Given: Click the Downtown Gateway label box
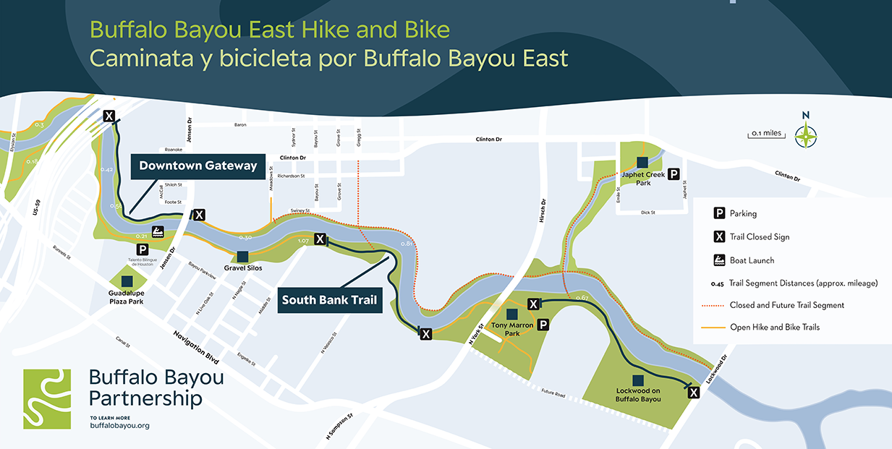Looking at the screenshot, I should [197, 166].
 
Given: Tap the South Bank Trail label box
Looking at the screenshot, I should [330, 300].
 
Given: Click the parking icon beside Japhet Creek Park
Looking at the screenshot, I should [674, 174].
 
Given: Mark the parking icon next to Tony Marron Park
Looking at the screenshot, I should [543, 325].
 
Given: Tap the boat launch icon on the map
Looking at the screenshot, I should [158, 232].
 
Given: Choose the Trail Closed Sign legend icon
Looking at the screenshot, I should [720, 236].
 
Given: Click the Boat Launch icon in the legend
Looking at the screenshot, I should [720, 260].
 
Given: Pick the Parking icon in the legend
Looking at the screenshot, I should [720, 213].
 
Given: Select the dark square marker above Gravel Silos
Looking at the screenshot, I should [242, 256].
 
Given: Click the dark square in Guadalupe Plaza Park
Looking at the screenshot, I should [127, 281].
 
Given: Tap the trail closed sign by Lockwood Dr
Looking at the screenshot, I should [694, 393].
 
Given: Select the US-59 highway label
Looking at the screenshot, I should [35, 215].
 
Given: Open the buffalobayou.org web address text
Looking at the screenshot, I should [119, 426].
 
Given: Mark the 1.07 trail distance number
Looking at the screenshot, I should [303, 240].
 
